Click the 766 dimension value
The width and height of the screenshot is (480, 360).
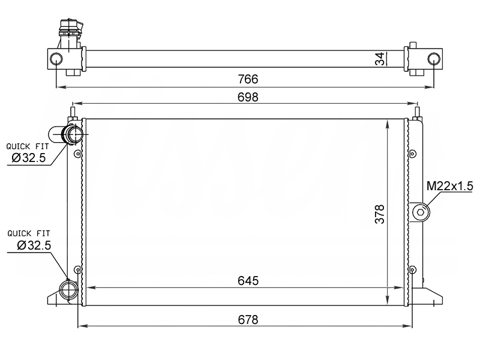[248, 79]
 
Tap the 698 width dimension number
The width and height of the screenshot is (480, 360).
[248, 97]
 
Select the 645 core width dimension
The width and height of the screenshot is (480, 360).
[248, 281]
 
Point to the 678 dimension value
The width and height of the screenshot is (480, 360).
[248, 320]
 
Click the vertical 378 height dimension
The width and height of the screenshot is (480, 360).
[380, 214]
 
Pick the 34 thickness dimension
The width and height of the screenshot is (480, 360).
[380, 59]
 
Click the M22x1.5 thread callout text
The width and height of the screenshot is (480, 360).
[449, 186]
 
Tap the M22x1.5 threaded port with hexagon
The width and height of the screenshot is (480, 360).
[421, 212]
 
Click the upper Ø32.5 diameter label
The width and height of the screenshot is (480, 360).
[28, 158]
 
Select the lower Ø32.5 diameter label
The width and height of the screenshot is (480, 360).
[34, 245]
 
